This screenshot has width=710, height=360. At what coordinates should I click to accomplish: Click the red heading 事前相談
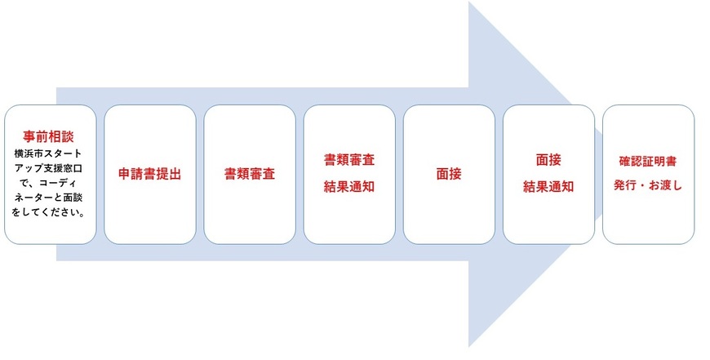click(x=49, y=137)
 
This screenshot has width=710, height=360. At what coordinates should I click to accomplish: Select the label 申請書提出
click(x=149, y=174)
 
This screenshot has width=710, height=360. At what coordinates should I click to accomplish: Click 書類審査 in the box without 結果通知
click(x=249, y=174)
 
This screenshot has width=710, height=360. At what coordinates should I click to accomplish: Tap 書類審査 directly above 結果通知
click(x=348, y=159)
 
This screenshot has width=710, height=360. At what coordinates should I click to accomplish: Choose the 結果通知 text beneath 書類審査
click(x=348, y=186)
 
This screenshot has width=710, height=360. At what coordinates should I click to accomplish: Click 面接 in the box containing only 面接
click(x=448, y=174)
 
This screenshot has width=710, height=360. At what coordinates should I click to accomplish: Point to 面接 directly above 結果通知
click(x=548, y=159)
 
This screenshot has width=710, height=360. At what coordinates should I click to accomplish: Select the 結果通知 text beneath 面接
click(x=548, y=186)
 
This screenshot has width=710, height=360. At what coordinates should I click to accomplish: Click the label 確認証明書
click(x=648, y=161)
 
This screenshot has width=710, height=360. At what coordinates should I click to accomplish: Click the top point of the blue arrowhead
click(x=468, y=2)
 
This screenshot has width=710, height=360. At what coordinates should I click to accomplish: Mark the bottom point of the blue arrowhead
click(x=468, y=346)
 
